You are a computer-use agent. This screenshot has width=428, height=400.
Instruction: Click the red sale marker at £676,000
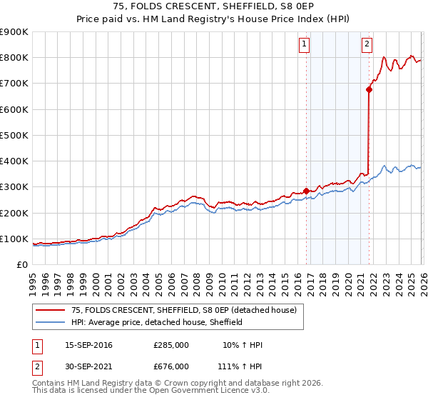click(x=369, y=90)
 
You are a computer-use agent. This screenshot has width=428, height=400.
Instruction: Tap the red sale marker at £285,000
click(x=306, y=191)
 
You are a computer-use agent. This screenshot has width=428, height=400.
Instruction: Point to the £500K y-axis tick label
click(x=14, y=135)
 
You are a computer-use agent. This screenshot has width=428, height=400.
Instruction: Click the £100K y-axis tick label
click(x=14, y=239)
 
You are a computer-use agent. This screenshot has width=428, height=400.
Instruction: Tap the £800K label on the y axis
click(x=14, y=57)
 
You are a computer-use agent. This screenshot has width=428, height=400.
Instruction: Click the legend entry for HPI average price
click(x=157, y=322)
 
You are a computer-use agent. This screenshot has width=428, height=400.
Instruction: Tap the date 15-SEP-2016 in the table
click(x=88, y=345)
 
